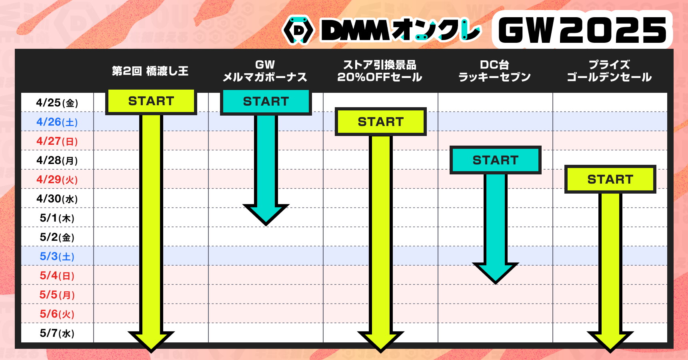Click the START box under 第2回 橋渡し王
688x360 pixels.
coord(151,102)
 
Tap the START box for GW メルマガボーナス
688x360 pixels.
coord(266,102)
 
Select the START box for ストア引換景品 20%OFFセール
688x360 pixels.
coord(381,122)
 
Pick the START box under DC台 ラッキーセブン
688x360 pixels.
coord(496,160)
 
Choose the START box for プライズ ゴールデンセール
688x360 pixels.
coord(610,179)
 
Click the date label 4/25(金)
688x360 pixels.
coord(57,103)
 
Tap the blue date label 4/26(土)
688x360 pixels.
coord(57,122)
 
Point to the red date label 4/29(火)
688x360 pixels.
coord(57,180)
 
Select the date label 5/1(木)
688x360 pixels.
coord(57,218)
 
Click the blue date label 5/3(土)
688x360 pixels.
coord(57,256)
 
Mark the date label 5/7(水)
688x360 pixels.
coord(57,333)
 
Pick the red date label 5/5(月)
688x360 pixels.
coord(57,295)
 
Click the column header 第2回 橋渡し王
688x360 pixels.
coord(150,71)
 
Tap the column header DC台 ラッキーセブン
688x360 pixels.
coord(495,71)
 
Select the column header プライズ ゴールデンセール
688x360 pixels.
coord(609,71)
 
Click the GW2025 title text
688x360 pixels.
coord(582,30)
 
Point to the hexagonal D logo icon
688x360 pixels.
coord(298,30)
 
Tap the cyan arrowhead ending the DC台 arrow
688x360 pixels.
coord(496,273)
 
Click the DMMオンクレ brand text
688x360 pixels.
coord(401,30)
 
